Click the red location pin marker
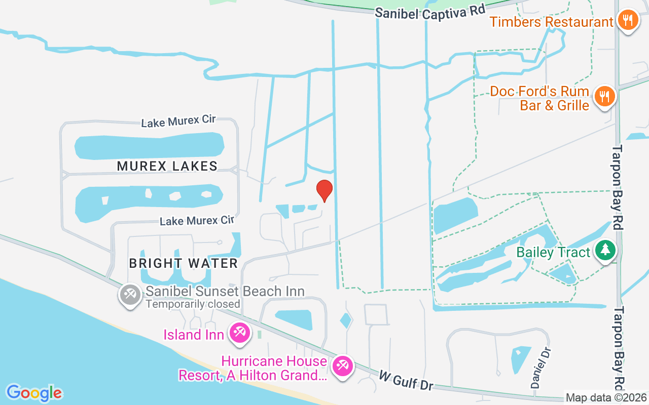point(324,190)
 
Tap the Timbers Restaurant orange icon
point(628,20)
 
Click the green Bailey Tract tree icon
point(604,250)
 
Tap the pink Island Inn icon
point(238,333)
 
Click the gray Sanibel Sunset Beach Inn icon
point(130,294)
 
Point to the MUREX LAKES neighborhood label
point(167,166)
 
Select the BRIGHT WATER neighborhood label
point(183,263)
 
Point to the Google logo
point(34,393)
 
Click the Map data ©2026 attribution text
point(606,398)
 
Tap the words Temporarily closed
point(193,304)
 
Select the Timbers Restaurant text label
point(551,22)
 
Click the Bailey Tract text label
point(553,252)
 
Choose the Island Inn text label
point(193,335)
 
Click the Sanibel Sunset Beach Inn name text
point(225,291)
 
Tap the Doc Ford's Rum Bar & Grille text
point(539,98)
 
